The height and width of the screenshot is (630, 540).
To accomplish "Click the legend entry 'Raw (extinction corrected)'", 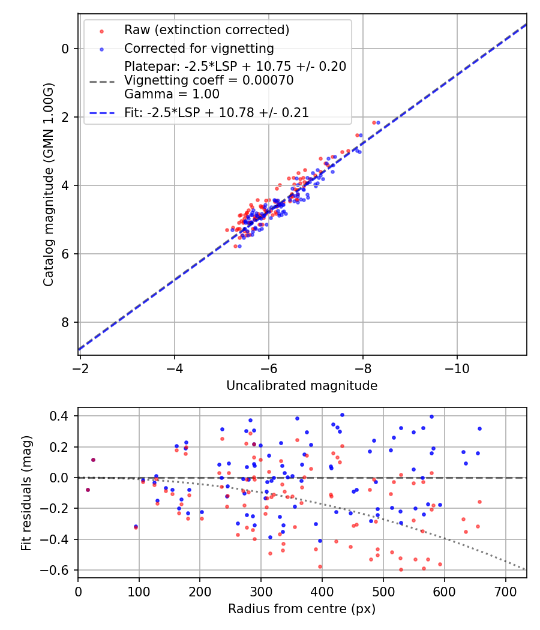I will click(x=206, y=30).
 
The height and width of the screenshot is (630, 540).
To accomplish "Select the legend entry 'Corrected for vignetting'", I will click(x=199, y=49).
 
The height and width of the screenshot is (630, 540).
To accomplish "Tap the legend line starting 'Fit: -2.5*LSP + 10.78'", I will click(x=217, y=113).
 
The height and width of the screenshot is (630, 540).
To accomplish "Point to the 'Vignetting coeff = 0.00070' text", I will click(x=209, y=80).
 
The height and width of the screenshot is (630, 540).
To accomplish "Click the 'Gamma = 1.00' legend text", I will click(x=172, y=94).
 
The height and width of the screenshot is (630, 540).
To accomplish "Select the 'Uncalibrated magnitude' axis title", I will click(x=302, y=386).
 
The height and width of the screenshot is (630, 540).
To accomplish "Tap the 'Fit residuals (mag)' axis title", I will click(x=26, y=493).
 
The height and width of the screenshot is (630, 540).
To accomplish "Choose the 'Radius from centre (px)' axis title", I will click(x=302, y=609).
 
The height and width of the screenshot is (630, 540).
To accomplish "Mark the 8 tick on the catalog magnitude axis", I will click(x=65, y=322).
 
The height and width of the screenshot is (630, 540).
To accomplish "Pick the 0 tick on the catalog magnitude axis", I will click(x=65, y=49).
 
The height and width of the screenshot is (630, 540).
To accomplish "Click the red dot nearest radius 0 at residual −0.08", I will click(x=88, y=490).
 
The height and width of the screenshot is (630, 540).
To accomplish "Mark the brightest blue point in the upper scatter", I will click(x=378, y=122).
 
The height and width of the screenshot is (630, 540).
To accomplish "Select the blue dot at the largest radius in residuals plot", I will click(x=479, y=428).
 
